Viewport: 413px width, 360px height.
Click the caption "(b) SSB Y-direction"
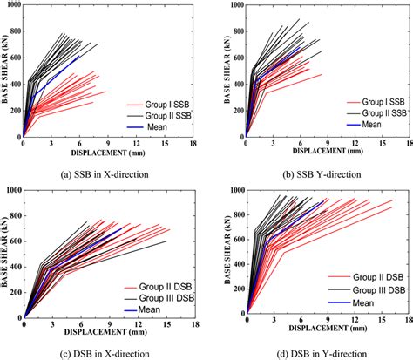click(311, 174)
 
